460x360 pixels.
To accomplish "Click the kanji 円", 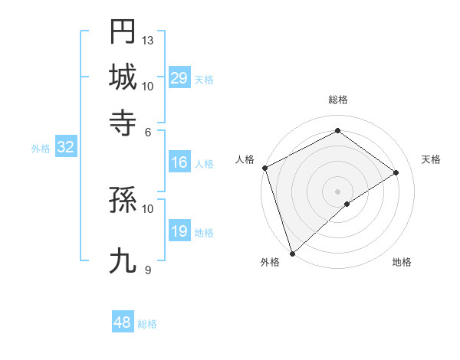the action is [123, 32].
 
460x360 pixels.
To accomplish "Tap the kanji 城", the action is [123, 77].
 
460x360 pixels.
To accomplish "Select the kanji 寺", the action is [123, 122].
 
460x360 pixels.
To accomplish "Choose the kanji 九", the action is [123, 261].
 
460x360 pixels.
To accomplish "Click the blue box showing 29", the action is [179, 78].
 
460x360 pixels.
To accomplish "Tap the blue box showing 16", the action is [179, 162].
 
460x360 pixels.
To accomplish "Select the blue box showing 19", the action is [179, 232].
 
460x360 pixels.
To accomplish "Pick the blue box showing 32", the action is [65, 148].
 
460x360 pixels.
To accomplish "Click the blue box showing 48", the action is [122, 322].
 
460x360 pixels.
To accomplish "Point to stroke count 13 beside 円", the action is [148, 40].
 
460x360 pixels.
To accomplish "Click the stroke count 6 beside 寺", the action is [148, 131].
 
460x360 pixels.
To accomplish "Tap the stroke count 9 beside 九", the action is [148, 270].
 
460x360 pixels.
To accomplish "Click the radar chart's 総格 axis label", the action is [337, 100].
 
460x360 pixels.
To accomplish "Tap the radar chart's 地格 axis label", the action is [402, 263].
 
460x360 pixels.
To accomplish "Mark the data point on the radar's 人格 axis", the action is [264, 168].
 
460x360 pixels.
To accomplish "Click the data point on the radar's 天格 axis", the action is [396, 172].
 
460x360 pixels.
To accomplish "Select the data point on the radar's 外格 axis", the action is [291, 253].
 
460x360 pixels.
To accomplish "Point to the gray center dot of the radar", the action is [337, 191].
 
